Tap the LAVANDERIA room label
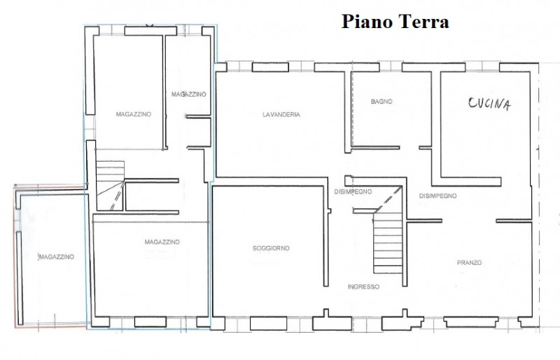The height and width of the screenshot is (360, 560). point(281,115)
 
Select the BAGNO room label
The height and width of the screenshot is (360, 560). point(381,102)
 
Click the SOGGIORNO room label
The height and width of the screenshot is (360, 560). point(272,249)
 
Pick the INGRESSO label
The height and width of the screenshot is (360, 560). point(363,286)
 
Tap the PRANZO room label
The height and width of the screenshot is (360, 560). point(469,263)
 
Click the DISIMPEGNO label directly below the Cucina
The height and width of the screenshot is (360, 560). point(437,196)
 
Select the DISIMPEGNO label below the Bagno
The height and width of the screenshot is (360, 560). point(353,192)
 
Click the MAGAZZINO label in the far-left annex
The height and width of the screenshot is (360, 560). point(57,257)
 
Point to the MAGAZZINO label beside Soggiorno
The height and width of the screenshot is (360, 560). point(162,242)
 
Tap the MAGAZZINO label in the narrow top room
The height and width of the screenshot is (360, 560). point(189,94)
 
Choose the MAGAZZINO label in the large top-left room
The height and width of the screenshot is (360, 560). point(133,113)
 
